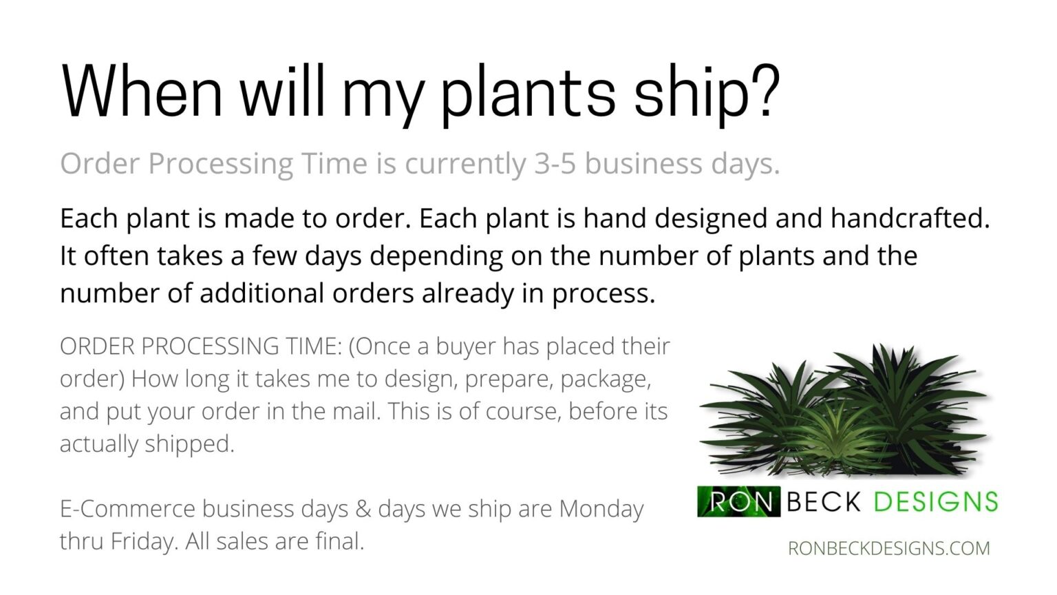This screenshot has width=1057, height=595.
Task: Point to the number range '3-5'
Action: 555,164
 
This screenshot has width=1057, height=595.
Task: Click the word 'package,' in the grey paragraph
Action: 606,380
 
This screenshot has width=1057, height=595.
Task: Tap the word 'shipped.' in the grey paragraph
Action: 189,444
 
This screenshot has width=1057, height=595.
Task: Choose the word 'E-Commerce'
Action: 128,509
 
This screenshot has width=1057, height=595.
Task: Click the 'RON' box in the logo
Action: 739,501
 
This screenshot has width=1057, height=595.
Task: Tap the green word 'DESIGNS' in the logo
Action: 936,501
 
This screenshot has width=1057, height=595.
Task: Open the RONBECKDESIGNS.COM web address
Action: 889,548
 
